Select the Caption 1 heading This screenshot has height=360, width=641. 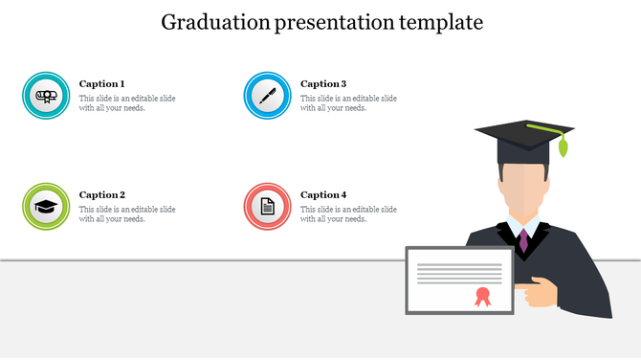[x=101, y=84]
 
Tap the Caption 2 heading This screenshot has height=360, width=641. [x=101, y=195]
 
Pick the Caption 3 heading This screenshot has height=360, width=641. [x=323, y=84]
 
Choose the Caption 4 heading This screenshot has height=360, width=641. [x=323, y=195]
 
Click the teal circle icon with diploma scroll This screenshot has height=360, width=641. [x=46, y=95]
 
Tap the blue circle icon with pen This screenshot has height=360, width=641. [x=268, y=95]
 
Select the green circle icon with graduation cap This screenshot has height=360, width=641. [x=46, y=206]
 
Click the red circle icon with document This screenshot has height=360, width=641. [x=268, y=206]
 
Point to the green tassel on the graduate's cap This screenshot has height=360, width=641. [x=563, y=146]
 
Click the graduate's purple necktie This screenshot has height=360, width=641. [x=523, y=239]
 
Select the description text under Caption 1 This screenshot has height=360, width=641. [x=126, y=103]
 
